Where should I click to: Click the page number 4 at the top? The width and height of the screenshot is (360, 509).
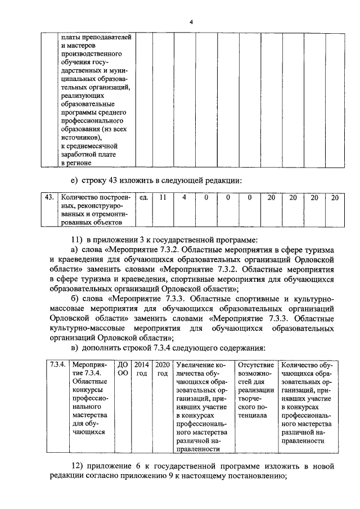coord(191,21)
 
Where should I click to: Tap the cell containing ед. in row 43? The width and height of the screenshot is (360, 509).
coord(143,197)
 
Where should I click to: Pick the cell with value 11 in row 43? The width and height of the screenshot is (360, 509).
coord(163,197)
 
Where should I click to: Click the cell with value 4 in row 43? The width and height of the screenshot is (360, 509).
coord(183,197)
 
